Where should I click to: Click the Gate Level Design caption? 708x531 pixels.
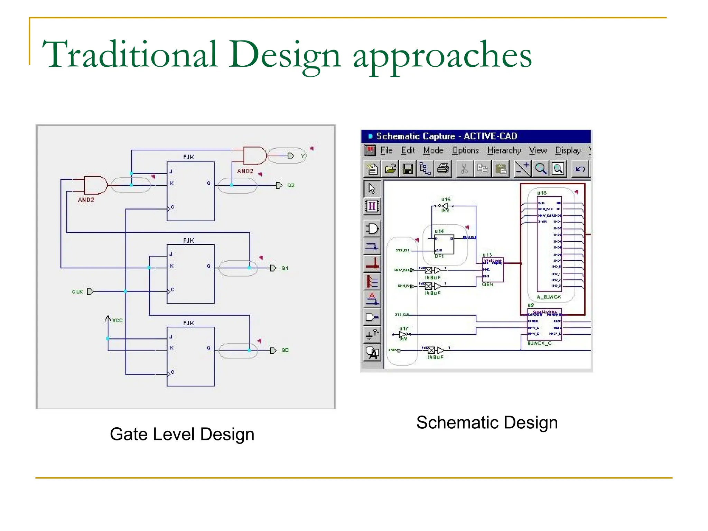(x=182, y=434)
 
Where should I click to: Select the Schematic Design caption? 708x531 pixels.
(x=487, y=422)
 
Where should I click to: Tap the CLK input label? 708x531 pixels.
(x=77, y=292)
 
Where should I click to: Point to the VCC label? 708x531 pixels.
(x=117, y=320)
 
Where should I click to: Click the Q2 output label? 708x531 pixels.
(x=291, y=186)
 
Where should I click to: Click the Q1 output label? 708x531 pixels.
(x=285, y=268)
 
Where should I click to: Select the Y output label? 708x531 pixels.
(x=303, y=156)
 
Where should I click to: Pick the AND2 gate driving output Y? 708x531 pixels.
(x=255, y=156)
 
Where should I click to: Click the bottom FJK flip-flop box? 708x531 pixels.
(x=190, y=356)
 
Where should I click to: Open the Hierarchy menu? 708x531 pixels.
(x=504, y=150)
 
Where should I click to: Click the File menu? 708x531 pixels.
(x=386, y=150)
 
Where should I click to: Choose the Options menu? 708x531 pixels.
(x=465, y=150)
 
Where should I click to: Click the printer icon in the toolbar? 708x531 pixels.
(x=443, y=169)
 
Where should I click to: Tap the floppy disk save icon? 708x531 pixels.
(x=408, y=169)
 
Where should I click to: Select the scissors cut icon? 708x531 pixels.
(x=464, y=169)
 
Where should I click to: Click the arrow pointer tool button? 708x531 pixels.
(x=372, y=189)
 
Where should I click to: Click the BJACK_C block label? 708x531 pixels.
(x=539, y=343)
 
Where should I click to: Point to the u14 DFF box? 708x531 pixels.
(x=444, y=244)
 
